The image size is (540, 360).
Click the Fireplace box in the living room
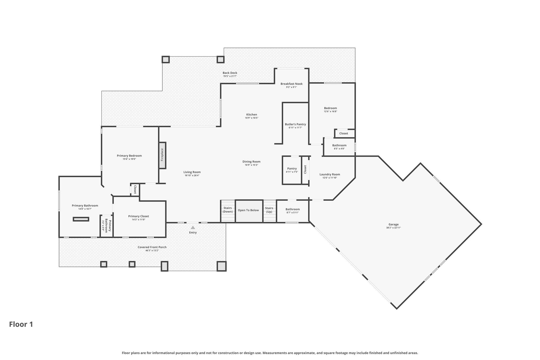[162, 155]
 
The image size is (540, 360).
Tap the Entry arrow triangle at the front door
[193, 228]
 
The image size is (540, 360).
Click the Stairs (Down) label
[228, 210]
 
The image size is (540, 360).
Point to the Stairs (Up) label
[269, 210]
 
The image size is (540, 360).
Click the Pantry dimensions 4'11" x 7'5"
[292, 172]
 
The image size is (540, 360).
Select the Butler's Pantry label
[295, 124]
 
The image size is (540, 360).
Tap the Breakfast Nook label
[291, 84]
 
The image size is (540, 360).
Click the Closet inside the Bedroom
[344, 133]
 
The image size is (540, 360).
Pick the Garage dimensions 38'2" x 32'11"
[393, 228]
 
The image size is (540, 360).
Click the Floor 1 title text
[21, 324]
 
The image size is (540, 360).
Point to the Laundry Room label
[330, 174]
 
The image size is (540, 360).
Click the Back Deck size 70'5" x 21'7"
[230, 76]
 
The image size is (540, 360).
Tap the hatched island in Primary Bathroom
[81, 219]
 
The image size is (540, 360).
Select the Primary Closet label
[138, 216]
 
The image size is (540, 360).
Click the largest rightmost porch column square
[221, 266]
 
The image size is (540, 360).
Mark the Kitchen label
[252, 114]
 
